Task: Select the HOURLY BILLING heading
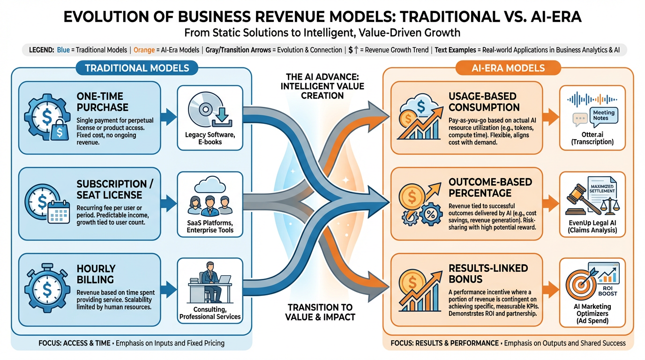tap(96, 274)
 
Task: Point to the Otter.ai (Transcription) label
tap(592, 137)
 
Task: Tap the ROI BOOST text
tap(607, 290)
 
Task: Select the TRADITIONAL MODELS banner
tap(137, 68)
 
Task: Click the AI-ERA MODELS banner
tap(507, 68)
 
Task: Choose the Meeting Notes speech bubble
tap(604, 115)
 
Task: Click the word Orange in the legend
tap(144, 50)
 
